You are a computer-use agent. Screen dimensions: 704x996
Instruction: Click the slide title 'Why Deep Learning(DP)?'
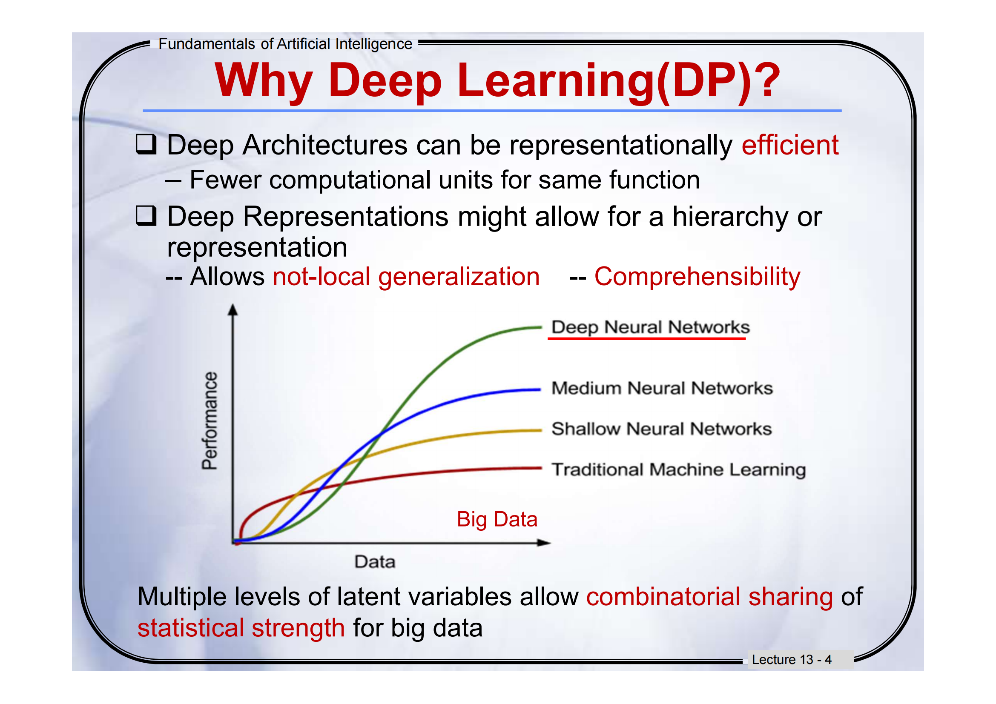497,80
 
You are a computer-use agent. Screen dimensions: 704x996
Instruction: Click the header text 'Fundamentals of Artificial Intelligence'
285,44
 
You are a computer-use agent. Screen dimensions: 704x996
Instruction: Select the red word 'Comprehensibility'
697,277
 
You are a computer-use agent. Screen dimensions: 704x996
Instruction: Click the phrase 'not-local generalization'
406,277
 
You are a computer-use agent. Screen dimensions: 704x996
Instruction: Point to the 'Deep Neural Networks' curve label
650,327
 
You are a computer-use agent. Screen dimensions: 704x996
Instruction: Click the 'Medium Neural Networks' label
662,388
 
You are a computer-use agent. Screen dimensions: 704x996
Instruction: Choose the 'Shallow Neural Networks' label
661,429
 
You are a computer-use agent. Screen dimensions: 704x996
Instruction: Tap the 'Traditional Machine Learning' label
678,469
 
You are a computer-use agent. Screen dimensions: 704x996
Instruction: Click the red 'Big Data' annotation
497,519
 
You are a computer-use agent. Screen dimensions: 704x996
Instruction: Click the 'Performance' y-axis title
210,421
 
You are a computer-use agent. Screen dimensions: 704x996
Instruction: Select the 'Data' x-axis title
375,562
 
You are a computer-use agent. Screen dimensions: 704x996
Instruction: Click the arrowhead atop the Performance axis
233,309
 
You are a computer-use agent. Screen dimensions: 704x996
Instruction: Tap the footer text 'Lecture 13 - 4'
791,659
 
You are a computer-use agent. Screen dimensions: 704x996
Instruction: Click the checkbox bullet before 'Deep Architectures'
146,144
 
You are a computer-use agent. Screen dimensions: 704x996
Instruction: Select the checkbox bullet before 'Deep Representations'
146,215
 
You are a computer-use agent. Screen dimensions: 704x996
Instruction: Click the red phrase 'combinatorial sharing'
709,596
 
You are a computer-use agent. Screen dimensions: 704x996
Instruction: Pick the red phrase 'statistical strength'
241,628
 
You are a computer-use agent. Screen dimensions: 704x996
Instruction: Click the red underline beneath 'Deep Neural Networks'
646,338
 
